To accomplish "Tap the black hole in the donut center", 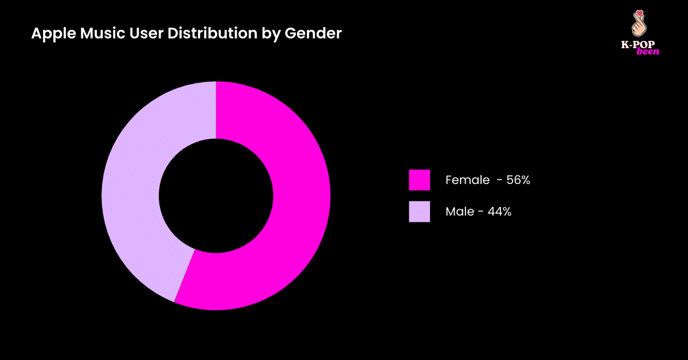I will click(x=216, y=195).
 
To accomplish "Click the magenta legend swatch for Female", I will click(x=419, y=180).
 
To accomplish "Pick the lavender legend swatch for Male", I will click(x=419, y=212).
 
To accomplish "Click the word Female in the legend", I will click(x=467, y=180).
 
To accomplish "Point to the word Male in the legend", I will click(x=459, y=212).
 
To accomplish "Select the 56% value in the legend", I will click(x=518, y=180).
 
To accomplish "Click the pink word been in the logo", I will click(x=648, y=51).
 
